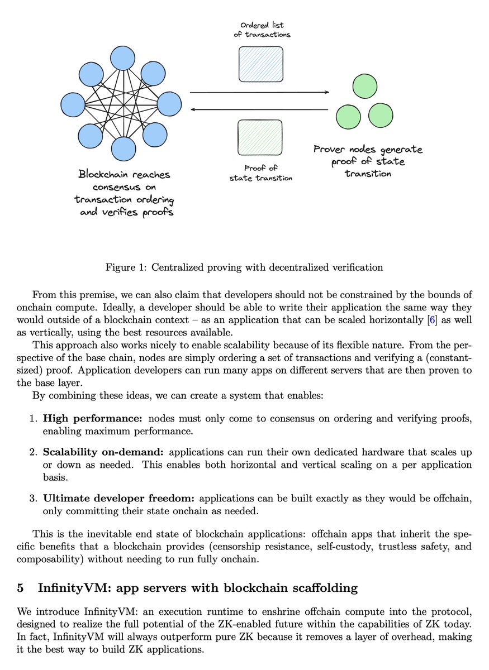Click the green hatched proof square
click(260, 137)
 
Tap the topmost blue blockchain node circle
click(123, 59)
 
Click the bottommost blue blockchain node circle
click(123, 148)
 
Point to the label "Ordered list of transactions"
click(262, 30)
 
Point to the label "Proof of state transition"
click(261, 173)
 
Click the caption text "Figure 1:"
click(125, 267)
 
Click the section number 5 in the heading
click(20, 587)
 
